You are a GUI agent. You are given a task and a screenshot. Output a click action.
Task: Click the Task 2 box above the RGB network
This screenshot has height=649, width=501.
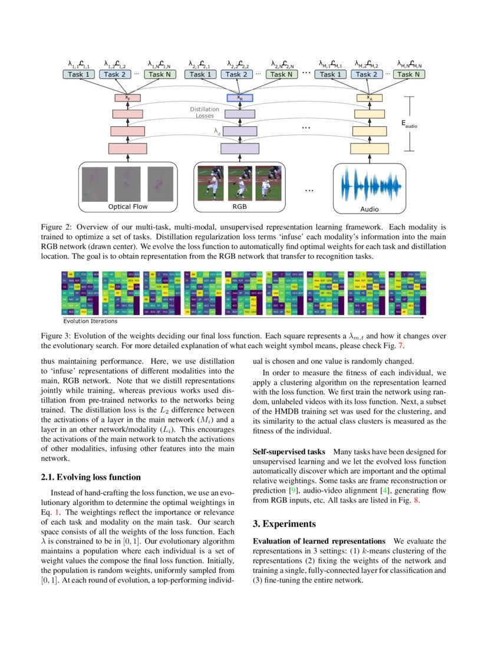click(235, 74)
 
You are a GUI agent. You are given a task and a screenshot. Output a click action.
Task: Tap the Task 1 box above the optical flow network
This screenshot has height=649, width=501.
click(79, 74)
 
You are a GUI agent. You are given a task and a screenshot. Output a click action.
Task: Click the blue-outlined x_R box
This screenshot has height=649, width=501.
click(240, 98)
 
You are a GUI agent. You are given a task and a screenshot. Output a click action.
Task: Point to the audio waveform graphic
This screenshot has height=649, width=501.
click(370, 186)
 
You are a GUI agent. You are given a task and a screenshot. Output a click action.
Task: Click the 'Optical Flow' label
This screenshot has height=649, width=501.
click(127, 207)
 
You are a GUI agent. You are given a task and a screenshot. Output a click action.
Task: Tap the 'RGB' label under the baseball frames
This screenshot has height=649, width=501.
click(239, 207)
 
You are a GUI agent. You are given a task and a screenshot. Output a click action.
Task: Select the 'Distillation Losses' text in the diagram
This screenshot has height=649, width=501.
click(205, 112)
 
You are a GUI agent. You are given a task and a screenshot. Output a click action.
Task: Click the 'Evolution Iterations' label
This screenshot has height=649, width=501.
click(90, 321)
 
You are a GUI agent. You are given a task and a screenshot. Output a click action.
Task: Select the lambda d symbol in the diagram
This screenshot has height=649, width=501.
click(217, 133)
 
